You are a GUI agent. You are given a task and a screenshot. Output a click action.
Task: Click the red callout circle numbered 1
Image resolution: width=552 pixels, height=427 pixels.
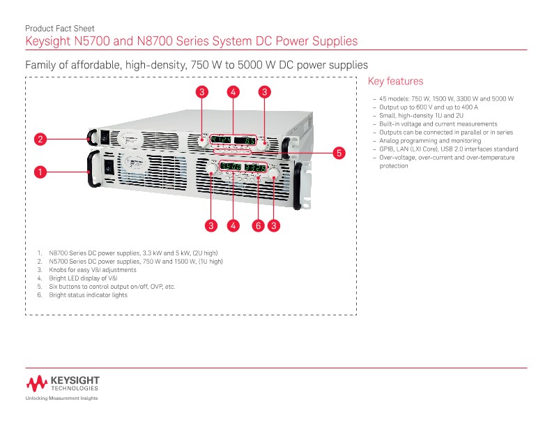click(41, 171)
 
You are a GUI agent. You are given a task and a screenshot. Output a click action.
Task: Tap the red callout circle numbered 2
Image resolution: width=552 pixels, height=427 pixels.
click(41, 140)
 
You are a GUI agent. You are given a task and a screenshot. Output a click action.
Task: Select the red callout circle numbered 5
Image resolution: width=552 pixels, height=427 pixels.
click(339, 152)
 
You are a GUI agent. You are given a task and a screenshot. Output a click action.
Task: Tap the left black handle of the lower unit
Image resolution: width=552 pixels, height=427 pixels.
click(90, 172)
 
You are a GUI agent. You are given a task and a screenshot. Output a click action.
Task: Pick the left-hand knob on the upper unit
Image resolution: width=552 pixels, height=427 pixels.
click(203, 142)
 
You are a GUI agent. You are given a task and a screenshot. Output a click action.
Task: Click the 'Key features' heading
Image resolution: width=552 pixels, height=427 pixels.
click(394, 82)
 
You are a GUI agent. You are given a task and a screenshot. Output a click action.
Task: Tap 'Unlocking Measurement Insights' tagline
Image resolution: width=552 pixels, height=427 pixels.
click(61, 398)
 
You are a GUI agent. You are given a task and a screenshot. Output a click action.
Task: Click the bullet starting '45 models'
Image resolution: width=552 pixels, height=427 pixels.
click(446, 99)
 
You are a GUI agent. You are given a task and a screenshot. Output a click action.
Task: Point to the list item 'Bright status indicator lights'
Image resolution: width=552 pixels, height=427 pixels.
click(88, 294)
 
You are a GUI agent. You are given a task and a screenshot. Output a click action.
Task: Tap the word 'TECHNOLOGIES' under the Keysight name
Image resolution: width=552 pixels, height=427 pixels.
click(75, 387)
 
